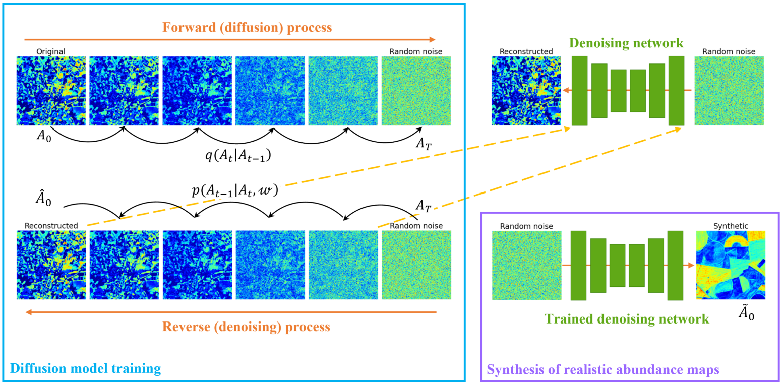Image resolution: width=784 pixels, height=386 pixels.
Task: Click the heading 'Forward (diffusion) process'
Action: (247, 27)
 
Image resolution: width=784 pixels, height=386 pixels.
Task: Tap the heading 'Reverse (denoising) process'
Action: (246, 327)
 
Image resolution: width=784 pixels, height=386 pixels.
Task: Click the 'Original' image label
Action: (50, 51)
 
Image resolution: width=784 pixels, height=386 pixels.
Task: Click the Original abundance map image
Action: (51, 91)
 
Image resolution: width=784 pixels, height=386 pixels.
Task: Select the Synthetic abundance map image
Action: (731, 265)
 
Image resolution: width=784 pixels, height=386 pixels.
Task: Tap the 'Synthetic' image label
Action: (731, 226)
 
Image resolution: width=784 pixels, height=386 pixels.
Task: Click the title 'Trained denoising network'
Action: (627, 318)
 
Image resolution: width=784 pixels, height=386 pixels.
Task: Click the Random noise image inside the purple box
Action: (526, 265)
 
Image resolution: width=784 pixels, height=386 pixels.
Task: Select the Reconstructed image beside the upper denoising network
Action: (526, 91)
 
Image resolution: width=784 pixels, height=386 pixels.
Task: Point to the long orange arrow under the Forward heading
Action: (229, 39)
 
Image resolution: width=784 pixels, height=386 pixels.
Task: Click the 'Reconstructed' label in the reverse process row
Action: (51, 226)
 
